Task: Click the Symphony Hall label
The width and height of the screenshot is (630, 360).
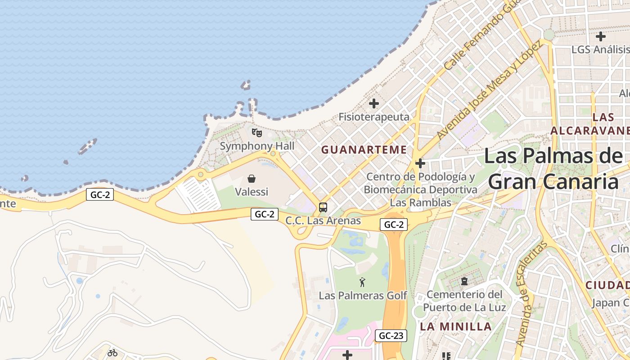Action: [x=257, y=146]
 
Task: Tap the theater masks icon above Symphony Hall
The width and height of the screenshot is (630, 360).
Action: [x=256, y=132]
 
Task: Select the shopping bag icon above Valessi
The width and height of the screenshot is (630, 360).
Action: [x=252, y=179]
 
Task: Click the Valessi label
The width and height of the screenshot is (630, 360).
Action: [x=252, y=192]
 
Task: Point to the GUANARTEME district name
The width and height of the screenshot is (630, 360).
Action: [x=364, y=150]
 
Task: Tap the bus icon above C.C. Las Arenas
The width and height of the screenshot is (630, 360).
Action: [x=323, y=207]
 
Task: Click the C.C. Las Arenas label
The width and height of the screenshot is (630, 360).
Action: [x=323, y=221]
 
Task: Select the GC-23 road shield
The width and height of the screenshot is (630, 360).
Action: [x=391, y=335]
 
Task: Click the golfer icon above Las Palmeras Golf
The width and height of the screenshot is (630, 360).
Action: [x=362, y=283]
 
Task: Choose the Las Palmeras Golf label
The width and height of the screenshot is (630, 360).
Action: [x=363, y=296]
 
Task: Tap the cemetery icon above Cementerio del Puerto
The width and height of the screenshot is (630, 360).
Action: [x=464, y=282]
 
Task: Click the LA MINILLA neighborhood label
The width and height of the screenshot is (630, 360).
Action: [x=455, y=327]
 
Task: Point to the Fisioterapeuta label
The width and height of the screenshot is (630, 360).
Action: [x=374, y=117]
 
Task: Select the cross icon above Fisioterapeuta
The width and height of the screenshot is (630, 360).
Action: [x=373, y=103]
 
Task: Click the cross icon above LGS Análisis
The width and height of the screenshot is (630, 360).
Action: [x=600, y=36]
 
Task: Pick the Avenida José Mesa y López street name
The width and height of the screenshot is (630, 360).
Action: [x=490, y=90]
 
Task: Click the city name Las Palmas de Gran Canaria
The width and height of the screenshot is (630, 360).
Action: [x=553, y=169]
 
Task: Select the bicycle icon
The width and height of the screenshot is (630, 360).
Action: [x=112, y=353]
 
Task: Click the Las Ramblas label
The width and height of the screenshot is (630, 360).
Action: [x=420, y=203]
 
